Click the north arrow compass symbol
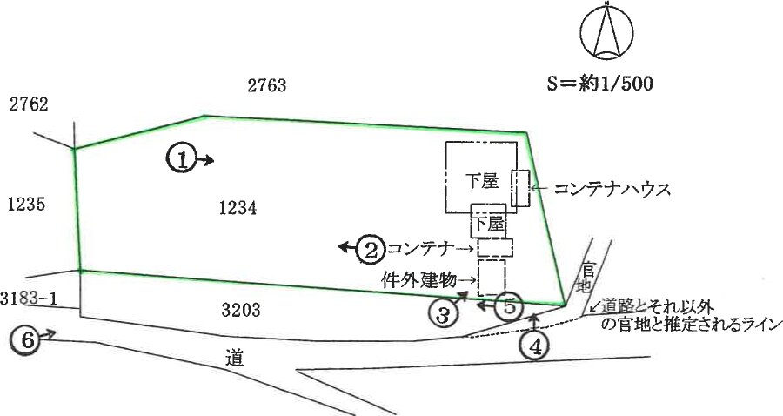(x=606, y=30)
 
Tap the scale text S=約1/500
(x=599, y=84)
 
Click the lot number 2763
(x=267, y=85)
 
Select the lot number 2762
(x=29, y=104)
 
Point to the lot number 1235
(x=27, y=205)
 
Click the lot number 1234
(x=238, y=208)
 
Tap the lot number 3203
(x=241, y=310)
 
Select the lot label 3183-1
(x=29, y=299)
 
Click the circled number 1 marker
(x=180, y=160)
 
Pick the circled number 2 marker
(x=371, y=249)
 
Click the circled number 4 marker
(x=535, y=346)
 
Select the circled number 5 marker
(x=508, y=306)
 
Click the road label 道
(x=234, y=358)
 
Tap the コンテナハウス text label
(x=612, y=190)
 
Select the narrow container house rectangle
(x=520, y=188)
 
